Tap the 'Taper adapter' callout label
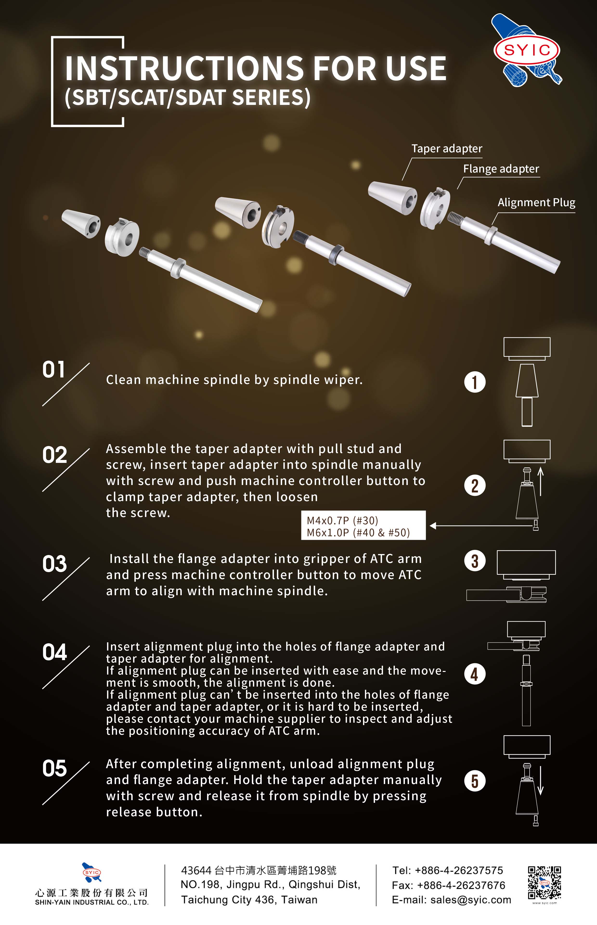pos(447,149)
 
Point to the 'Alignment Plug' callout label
pos(536,203)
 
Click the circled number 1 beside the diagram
pos(474,382)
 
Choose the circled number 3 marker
pos(474,561)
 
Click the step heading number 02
pos(54,455)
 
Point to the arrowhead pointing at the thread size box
pos(433,526)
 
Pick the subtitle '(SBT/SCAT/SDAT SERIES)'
pos(188,98)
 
